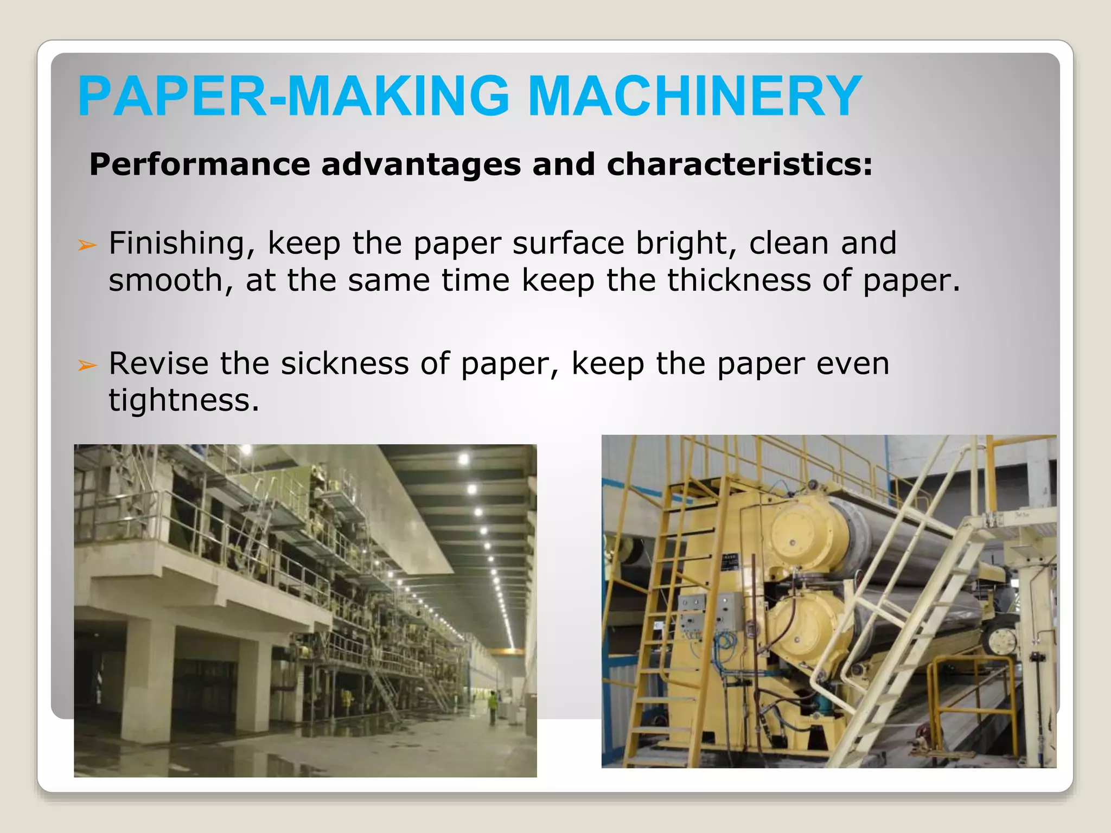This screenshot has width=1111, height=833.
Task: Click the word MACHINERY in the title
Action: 694,96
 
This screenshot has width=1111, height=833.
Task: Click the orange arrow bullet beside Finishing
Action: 87,245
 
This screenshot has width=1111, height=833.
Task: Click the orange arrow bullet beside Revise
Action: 87,366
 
